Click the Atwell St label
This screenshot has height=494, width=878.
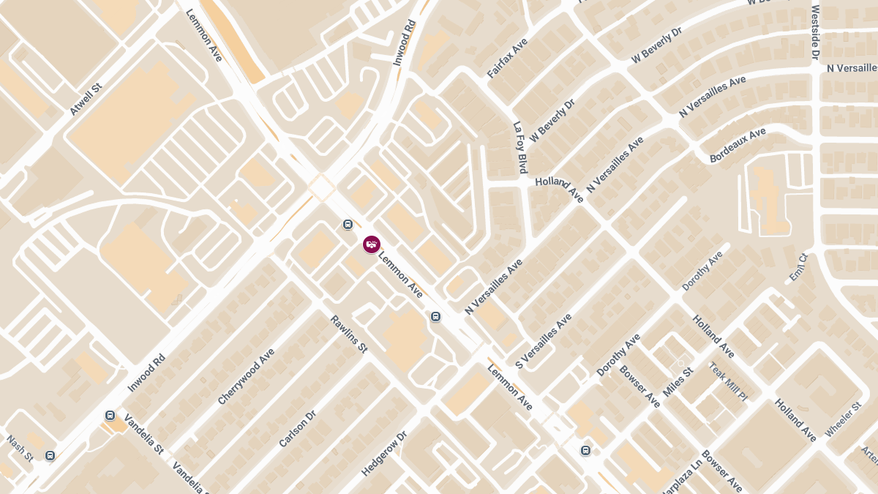coord(86,100)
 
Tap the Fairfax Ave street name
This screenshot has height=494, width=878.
coord(507,59)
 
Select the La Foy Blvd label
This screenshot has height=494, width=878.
coord(520,147)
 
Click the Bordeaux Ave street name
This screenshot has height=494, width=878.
coord(738,145)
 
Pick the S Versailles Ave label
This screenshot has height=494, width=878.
coord(543,342)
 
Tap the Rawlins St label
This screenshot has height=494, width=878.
coord(348,334)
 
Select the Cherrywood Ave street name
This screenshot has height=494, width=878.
coord(246,376)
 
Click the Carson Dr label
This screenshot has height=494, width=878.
coord(297,429)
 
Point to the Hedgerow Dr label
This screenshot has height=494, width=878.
coord(383,454)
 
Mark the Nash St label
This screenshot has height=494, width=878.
coord(20,449)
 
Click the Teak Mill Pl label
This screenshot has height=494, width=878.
coord(728,381)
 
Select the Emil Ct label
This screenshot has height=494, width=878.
coord(798,267)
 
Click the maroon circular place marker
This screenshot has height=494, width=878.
coord(372,244)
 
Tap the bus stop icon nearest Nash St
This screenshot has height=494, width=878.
coord(50,455)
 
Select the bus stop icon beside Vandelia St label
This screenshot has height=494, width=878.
coord(110,416)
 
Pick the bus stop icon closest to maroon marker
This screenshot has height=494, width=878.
coord(348,225)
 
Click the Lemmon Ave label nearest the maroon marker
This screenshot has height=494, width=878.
coord(400,274)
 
